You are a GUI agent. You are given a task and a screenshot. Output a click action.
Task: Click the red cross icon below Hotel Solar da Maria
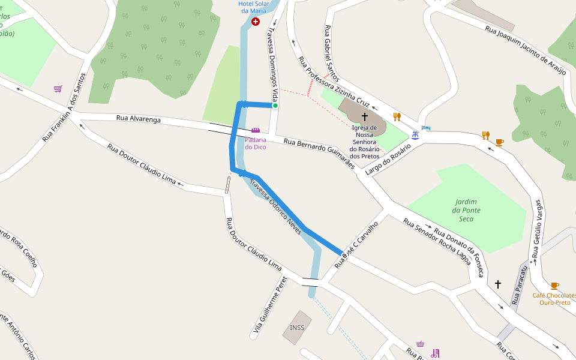point(256,22)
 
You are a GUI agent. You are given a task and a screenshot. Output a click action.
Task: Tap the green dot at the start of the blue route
point(275,106)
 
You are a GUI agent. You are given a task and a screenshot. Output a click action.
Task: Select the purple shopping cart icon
point(58,89)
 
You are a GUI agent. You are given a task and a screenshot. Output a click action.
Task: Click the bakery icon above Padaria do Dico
point(256,130)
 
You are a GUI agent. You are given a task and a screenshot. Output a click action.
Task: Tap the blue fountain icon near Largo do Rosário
point(415,135)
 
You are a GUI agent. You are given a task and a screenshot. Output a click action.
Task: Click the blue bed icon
point(426,128)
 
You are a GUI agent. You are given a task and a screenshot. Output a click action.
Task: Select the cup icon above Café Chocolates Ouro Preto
point(554,286)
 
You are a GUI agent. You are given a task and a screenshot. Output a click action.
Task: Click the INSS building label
point(297,328)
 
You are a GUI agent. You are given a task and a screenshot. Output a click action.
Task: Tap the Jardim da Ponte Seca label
point(465,210)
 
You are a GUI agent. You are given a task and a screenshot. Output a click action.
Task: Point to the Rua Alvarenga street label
point(139,119)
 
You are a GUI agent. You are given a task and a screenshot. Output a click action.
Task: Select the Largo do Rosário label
point(388,159)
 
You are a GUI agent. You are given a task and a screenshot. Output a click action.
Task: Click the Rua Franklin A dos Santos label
point(65,107)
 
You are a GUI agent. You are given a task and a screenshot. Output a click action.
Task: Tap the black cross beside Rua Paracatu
point(497,284)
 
